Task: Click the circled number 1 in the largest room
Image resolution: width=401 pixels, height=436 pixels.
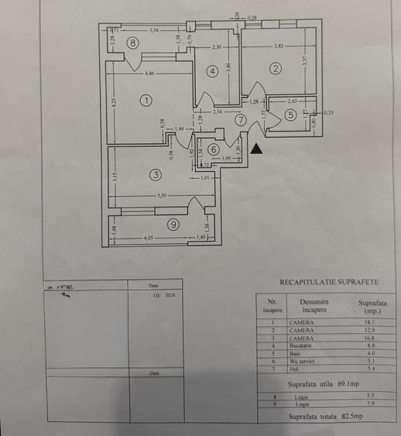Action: [145, 100]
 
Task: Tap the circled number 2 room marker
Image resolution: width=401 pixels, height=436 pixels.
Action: [274, 68]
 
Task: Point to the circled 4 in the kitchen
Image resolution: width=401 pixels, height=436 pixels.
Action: [212, 71]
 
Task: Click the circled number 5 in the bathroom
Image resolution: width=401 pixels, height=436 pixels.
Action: [290, 115]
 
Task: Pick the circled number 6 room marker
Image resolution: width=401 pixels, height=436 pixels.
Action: [214, 149]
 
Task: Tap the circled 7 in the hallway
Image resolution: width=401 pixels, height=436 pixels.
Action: [241, 120]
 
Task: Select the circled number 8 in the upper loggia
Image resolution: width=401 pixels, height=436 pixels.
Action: [133, 43]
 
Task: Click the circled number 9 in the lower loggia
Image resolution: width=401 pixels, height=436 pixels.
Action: [173, 225]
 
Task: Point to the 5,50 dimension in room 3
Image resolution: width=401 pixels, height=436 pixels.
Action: [162, 196]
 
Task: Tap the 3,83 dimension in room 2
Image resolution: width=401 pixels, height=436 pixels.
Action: [278, 46]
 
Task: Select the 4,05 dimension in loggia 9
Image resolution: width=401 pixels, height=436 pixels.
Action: [148, 238]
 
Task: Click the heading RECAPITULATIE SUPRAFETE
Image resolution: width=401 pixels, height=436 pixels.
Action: [328, 283]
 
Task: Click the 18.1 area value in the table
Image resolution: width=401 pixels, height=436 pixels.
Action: [368, 322]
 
